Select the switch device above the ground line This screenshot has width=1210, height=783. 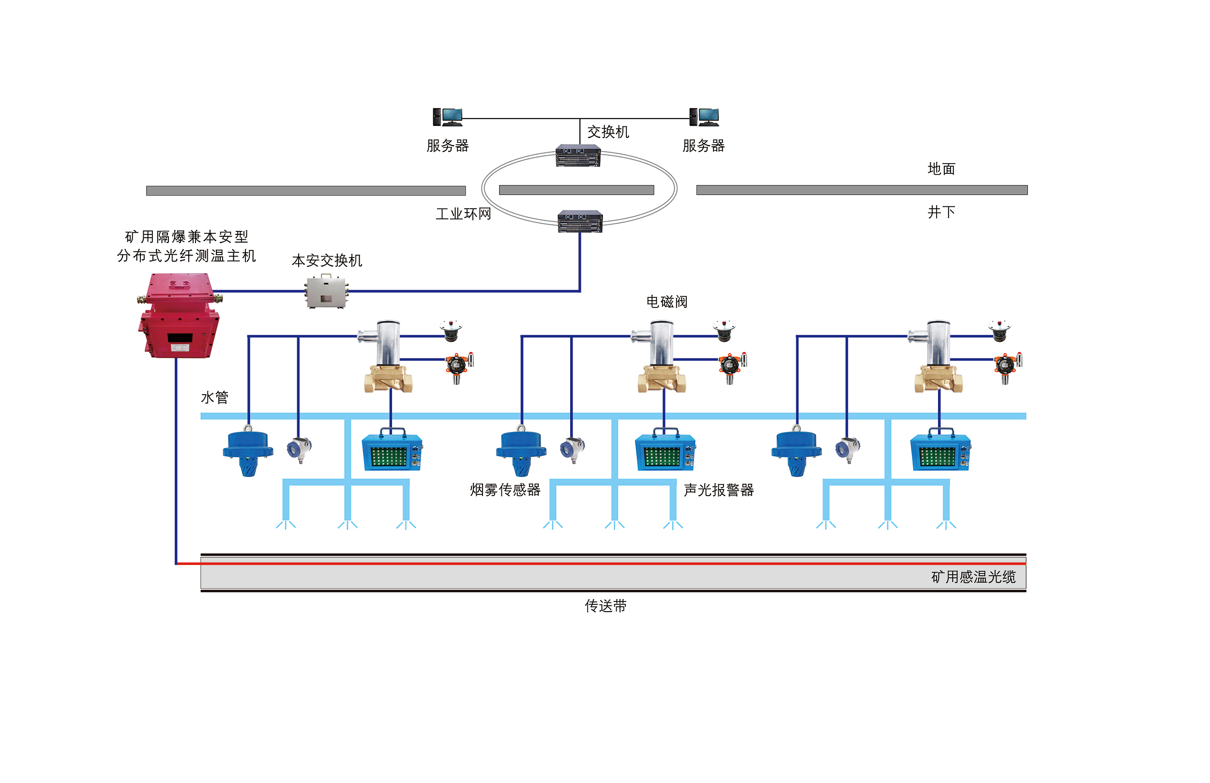(577, 155)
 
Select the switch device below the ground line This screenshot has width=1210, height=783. (579, 221)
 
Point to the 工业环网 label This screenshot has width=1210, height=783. (463, 214)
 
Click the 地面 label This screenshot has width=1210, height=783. (941, 169)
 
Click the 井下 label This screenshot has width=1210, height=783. (941, 212)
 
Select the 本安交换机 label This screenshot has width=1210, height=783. (326, 261)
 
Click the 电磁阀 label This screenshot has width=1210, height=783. (666, 302)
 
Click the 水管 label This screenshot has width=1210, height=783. (214, 397)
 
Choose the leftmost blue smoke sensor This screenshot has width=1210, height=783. (247, 452)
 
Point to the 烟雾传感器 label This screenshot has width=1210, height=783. (505, 490)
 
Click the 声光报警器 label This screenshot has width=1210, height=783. (718, 490)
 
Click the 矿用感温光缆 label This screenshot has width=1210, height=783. (972, 577)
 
